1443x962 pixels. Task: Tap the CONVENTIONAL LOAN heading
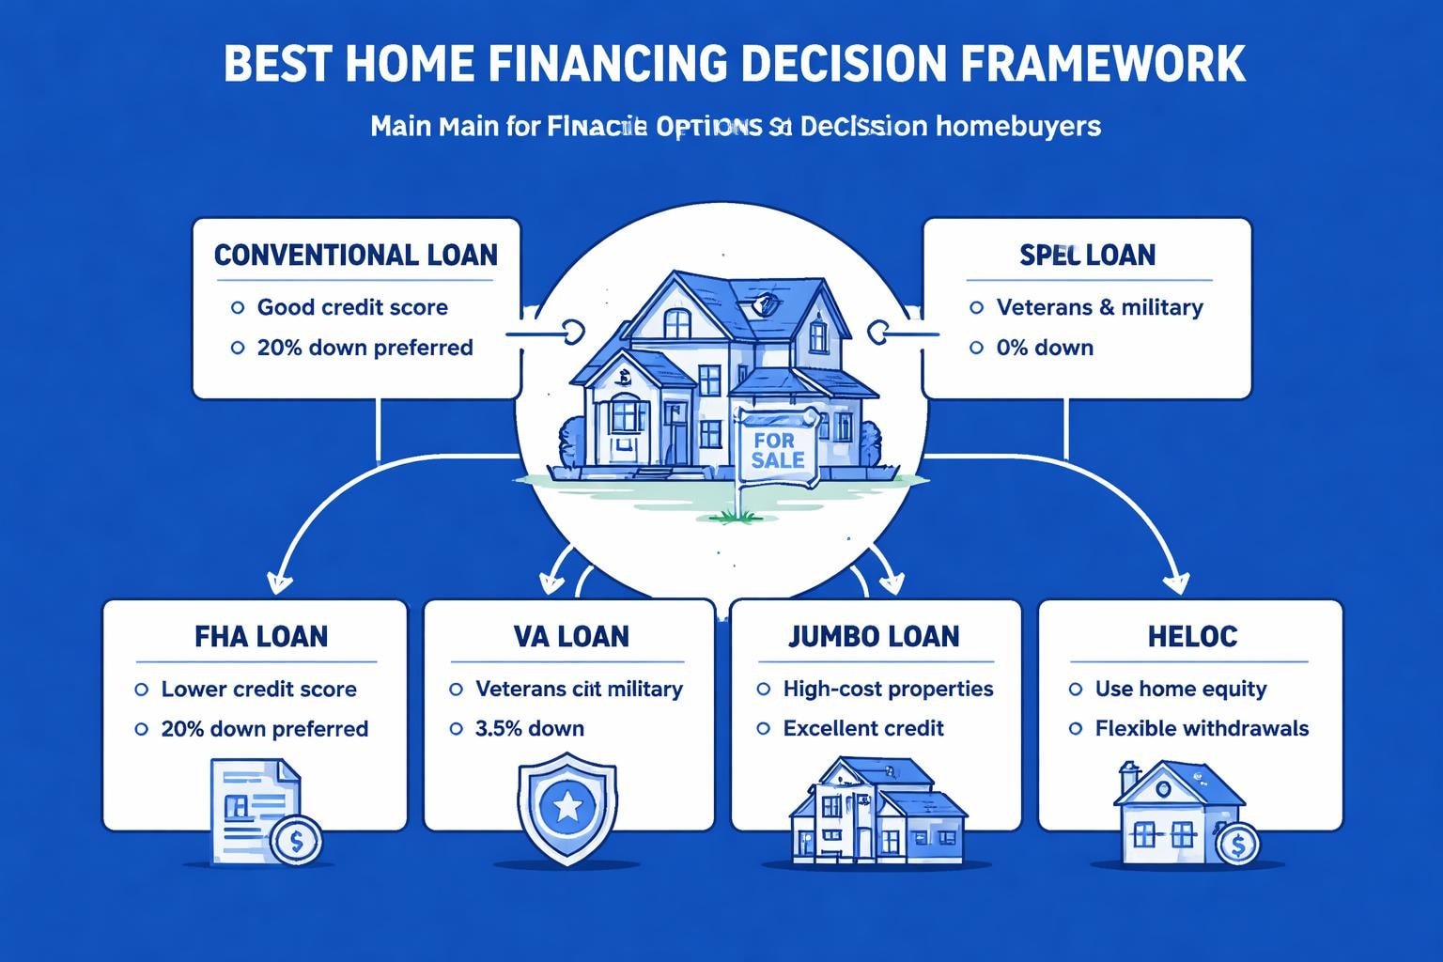pos(356,255)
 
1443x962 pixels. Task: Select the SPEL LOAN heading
pos(1087,255)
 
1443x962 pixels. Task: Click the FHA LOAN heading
pos(261,636)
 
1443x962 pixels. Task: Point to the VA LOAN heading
pos(570,636)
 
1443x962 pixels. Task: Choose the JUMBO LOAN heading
pos(874,636)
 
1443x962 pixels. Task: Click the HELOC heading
pos(1191,636)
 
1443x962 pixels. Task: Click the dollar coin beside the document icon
pos(296,841)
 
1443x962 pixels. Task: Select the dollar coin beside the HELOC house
pos(1237,846)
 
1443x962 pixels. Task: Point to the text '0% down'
pos(1045,348)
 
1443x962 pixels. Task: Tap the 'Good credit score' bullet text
pos(352,307)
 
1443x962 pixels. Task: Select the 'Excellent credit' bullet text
pos(863,728)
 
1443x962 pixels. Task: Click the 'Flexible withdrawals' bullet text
pos(1202,728)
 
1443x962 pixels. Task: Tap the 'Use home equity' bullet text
pos(1181,689)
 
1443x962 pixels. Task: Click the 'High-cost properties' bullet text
pos(888,689)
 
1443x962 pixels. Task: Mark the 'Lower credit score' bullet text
pos(259,689)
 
